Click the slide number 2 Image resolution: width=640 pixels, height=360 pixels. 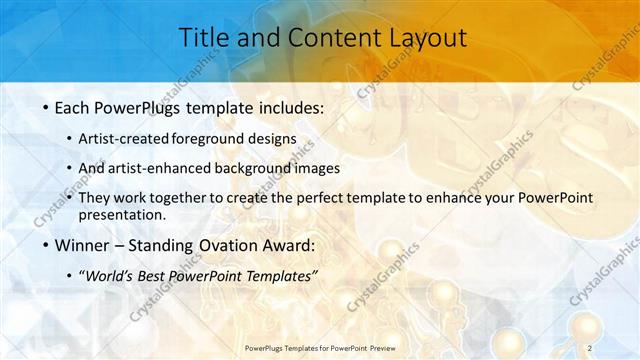click(591, 347)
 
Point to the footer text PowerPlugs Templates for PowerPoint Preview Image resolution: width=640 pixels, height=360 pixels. click(320, 347)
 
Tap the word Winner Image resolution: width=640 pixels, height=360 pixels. click(78, 245)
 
